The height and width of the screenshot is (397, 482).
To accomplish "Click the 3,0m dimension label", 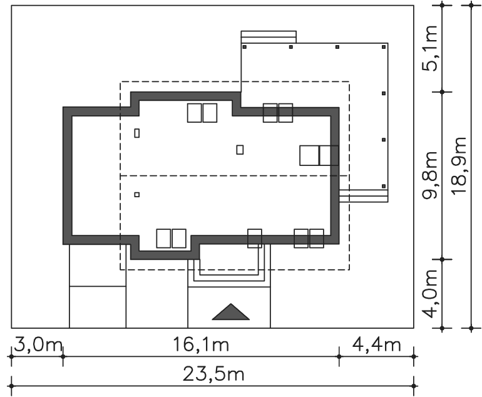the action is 38,345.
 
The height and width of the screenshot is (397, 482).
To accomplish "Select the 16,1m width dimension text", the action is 201,344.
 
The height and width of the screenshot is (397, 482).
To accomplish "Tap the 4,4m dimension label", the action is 377,345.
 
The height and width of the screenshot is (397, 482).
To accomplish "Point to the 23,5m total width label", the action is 213,374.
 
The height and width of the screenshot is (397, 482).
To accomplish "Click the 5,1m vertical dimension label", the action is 430,49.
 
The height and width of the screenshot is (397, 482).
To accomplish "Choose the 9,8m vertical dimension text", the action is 430,175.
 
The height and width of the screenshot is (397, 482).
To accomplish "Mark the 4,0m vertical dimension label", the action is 430,294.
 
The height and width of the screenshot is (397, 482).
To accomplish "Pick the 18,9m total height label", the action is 459,166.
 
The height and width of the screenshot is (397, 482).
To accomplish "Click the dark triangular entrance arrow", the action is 230,312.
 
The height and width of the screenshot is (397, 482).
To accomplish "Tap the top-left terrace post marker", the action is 245,47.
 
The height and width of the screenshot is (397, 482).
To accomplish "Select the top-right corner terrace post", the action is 384,47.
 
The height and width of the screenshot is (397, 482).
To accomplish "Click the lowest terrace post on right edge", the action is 384,187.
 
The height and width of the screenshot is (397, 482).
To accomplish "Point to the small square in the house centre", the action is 240,150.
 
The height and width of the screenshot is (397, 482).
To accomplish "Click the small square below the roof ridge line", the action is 137,195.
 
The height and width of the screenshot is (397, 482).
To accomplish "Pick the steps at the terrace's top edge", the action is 269,37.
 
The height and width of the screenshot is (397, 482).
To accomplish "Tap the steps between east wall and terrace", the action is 364,196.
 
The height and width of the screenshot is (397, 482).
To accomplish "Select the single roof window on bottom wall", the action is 255,239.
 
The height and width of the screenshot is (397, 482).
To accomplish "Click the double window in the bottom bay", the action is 172,239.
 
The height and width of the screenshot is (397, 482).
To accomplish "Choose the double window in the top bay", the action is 202,113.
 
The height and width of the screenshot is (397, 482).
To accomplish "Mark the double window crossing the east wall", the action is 319,155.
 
